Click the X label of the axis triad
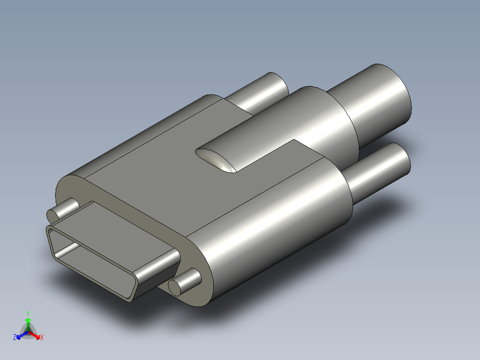41,338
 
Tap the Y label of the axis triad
28,313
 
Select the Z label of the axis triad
15,338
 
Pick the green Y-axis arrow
28,323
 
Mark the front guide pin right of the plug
185,281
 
